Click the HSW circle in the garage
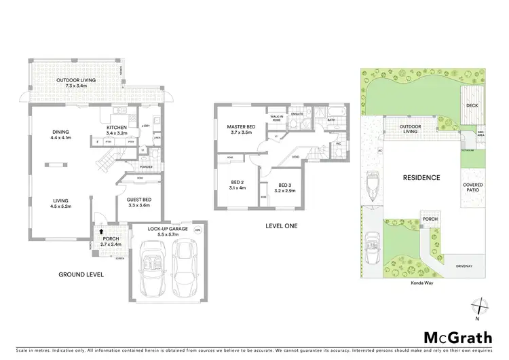[x=197, y=230]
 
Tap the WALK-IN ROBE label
[x=276, y=118]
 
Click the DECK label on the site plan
[x=473, y=106]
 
